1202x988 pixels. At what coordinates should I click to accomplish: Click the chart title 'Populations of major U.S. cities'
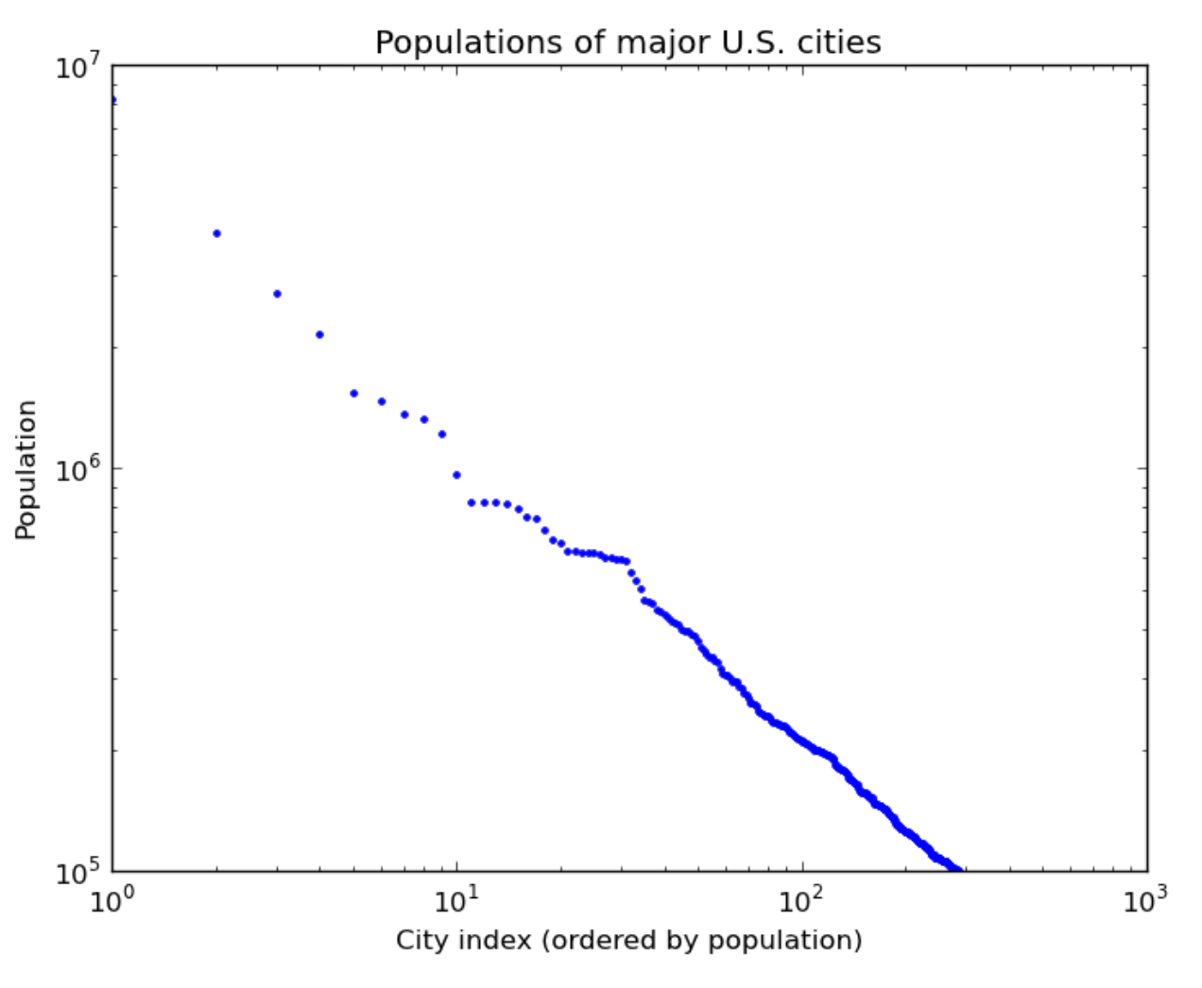[x=627, y=43]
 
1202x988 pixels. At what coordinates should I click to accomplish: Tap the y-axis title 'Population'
[x=26, y=469]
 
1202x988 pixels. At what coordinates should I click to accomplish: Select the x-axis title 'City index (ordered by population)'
[x=628, y=940]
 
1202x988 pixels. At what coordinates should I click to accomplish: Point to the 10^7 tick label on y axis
[x=77, y=69]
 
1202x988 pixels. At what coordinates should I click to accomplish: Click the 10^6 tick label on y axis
[x=77, y=469]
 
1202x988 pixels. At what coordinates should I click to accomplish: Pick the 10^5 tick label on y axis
[x=77, y=873]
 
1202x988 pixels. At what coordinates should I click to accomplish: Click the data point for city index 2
[x=216, y=233]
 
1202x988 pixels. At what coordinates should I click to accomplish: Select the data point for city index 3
[x=277, y=294]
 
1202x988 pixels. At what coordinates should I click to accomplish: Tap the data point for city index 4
[x=319, y=334]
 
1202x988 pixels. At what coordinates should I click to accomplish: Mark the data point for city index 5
[x=353, y=393]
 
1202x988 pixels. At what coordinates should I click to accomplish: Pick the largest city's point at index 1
[x=113, y=100]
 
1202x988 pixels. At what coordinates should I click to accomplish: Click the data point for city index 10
[x=456, y=475]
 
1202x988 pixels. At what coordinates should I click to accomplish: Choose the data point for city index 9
[x=441, y=434]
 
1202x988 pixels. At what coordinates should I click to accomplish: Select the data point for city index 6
[x=382, y=401]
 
